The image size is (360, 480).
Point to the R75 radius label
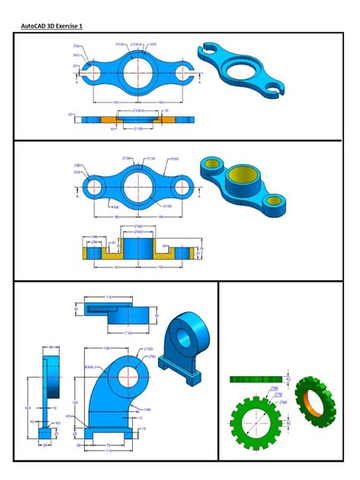(152, 45)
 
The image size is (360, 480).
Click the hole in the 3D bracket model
(182, 337)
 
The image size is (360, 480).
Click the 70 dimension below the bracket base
(109, 444)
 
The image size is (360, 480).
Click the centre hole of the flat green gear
(259, 420)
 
